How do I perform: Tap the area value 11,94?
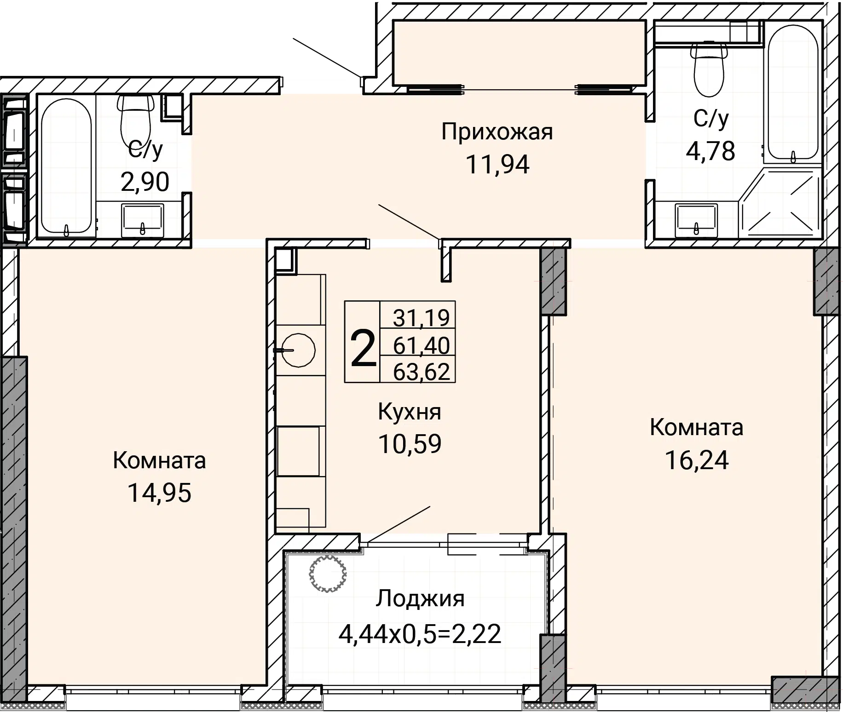pos(497,165)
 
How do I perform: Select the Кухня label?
pos(410,412)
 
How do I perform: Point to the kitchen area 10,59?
pos(410,444)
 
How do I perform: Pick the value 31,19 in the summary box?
pos(421,317)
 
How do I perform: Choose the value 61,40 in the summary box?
pos(421,345)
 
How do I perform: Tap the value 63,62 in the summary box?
pos(421,372)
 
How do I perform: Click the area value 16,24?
pos(697,460)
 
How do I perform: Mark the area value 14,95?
pos(159,493)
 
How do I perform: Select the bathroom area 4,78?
pos(710,151)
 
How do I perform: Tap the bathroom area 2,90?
pos(145,182)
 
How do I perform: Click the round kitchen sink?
pos(299,350)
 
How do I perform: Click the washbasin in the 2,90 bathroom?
pos(142,221)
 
